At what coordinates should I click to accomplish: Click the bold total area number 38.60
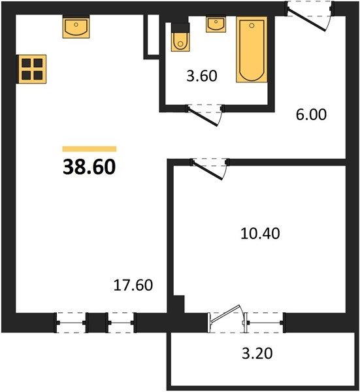click(x=90, y=167)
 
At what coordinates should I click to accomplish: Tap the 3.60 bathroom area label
click(x=202, y=76)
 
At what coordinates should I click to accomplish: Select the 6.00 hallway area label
click(x=311, y=114)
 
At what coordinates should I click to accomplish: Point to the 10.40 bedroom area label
click(x=260, y=233)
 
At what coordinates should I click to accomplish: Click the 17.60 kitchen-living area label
click(x=133, y=285)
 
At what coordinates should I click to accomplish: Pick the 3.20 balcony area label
click(x=257, y=353)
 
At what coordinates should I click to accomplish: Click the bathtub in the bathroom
click(x=252, y=50)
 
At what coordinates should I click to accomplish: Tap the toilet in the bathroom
click(x=180, y=37)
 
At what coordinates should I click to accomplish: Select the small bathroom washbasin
click(x=216, y=24)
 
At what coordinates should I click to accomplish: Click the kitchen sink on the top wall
click(x=76, y=27)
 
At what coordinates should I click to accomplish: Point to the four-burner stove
click(x=32, y=69)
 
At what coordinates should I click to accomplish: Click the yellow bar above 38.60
click(x=90, y=149)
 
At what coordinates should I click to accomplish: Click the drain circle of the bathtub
click(x=252, y=25)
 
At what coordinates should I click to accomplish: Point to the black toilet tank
click(x=180, y=27)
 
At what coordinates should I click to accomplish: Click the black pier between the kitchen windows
click(x=97, y=323)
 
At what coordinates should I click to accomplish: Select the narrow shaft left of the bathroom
click(x=154, y=35)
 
